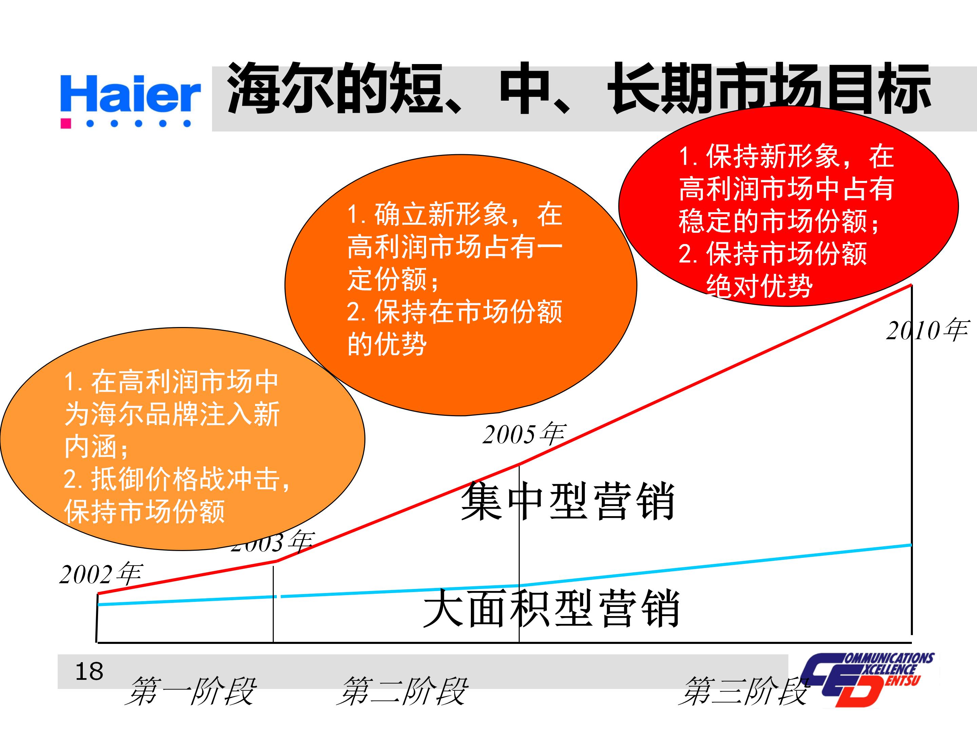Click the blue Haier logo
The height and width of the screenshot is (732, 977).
coord(130,94)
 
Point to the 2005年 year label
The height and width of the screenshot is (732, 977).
coord(524,434)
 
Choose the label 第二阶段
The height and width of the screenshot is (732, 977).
coord(402,691)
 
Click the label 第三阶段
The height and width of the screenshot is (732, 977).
coord(744,691)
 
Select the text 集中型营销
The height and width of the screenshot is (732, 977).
coord(568,502)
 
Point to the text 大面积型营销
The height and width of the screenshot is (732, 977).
coord(551,609)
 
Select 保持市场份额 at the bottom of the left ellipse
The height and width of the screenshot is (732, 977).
coord(145,512)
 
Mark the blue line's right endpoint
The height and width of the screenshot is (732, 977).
coord(911,545)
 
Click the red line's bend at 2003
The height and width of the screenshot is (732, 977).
coord(276,561)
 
